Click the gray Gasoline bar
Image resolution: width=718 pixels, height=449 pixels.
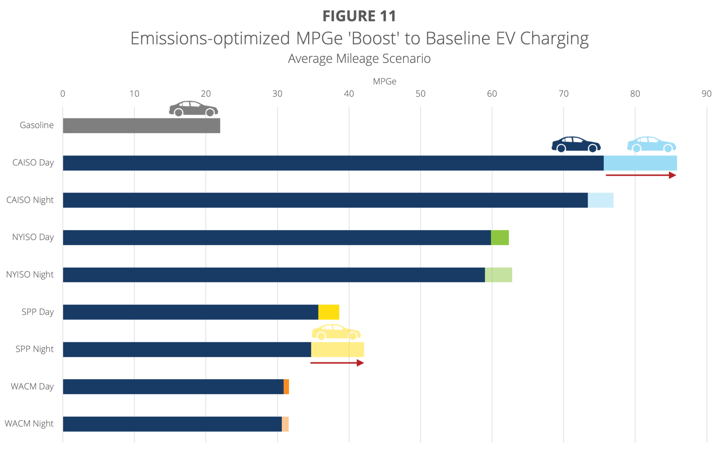coord(141,126)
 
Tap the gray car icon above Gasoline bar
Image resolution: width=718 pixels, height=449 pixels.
coord(193,109)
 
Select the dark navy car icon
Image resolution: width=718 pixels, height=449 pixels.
coord(576,145)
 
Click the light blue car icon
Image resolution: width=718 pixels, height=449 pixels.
coord(651,145)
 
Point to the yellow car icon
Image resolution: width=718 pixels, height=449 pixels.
coord(336,332)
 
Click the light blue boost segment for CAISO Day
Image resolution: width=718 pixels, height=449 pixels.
coord(640,163)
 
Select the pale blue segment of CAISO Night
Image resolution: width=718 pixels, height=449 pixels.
coord(601,200)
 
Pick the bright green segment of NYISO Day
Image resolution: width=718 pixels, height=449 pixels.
coord(500,237)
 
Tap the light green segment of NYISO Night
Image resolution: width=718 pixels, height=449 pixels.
coord(498,275)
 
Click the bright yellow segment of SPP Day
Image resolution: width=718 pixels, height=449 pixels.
coord(328,312)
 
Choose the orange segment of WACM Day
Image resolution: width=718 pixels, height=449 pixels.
coord(286,387)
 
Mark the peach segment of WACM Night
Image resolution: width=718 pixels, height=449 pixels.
coord(285,424)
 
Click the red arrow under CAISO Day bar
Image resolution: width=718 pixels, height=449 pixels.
coord(641,175)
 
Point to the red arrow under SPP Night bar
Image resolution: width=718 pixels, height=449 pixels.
coord(337,363)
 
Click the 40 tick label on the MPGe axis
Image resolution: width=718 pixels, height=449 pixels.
coord(349,94)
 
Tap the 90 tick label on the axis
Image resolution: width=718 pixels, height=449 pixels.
coord(706,94)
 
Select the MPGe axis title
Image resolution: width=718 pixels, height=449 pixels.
coord(384,81)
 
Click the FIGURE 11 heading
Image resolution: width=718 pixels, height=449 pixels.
coord(359,16)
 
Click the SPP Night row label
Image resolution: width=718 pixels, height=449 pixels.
coord(34,349)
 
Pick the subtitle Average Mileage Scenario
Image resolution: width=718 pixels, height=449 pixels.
coord(359,59)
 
